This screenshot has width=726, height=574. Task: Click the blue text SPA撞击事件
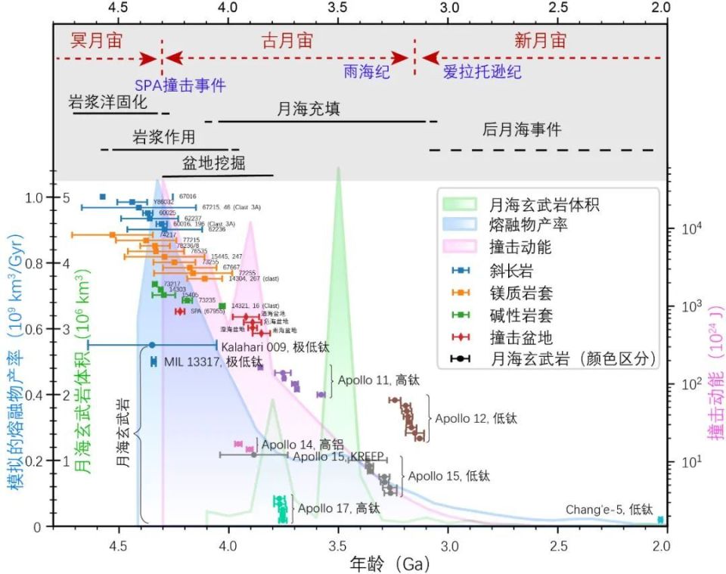coord(180,85)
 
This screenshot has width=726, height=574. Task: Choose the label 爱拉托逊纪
coord(482,73)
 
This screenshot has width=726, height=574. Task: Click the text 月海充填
coord(309,109)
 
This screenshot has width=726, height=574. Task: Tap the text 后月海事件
coord(522,129)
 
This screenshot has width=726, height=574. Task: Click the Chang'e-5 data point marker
coord(660,520)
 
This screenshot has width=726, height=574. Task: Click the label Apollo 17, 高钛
coord(338,507)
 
